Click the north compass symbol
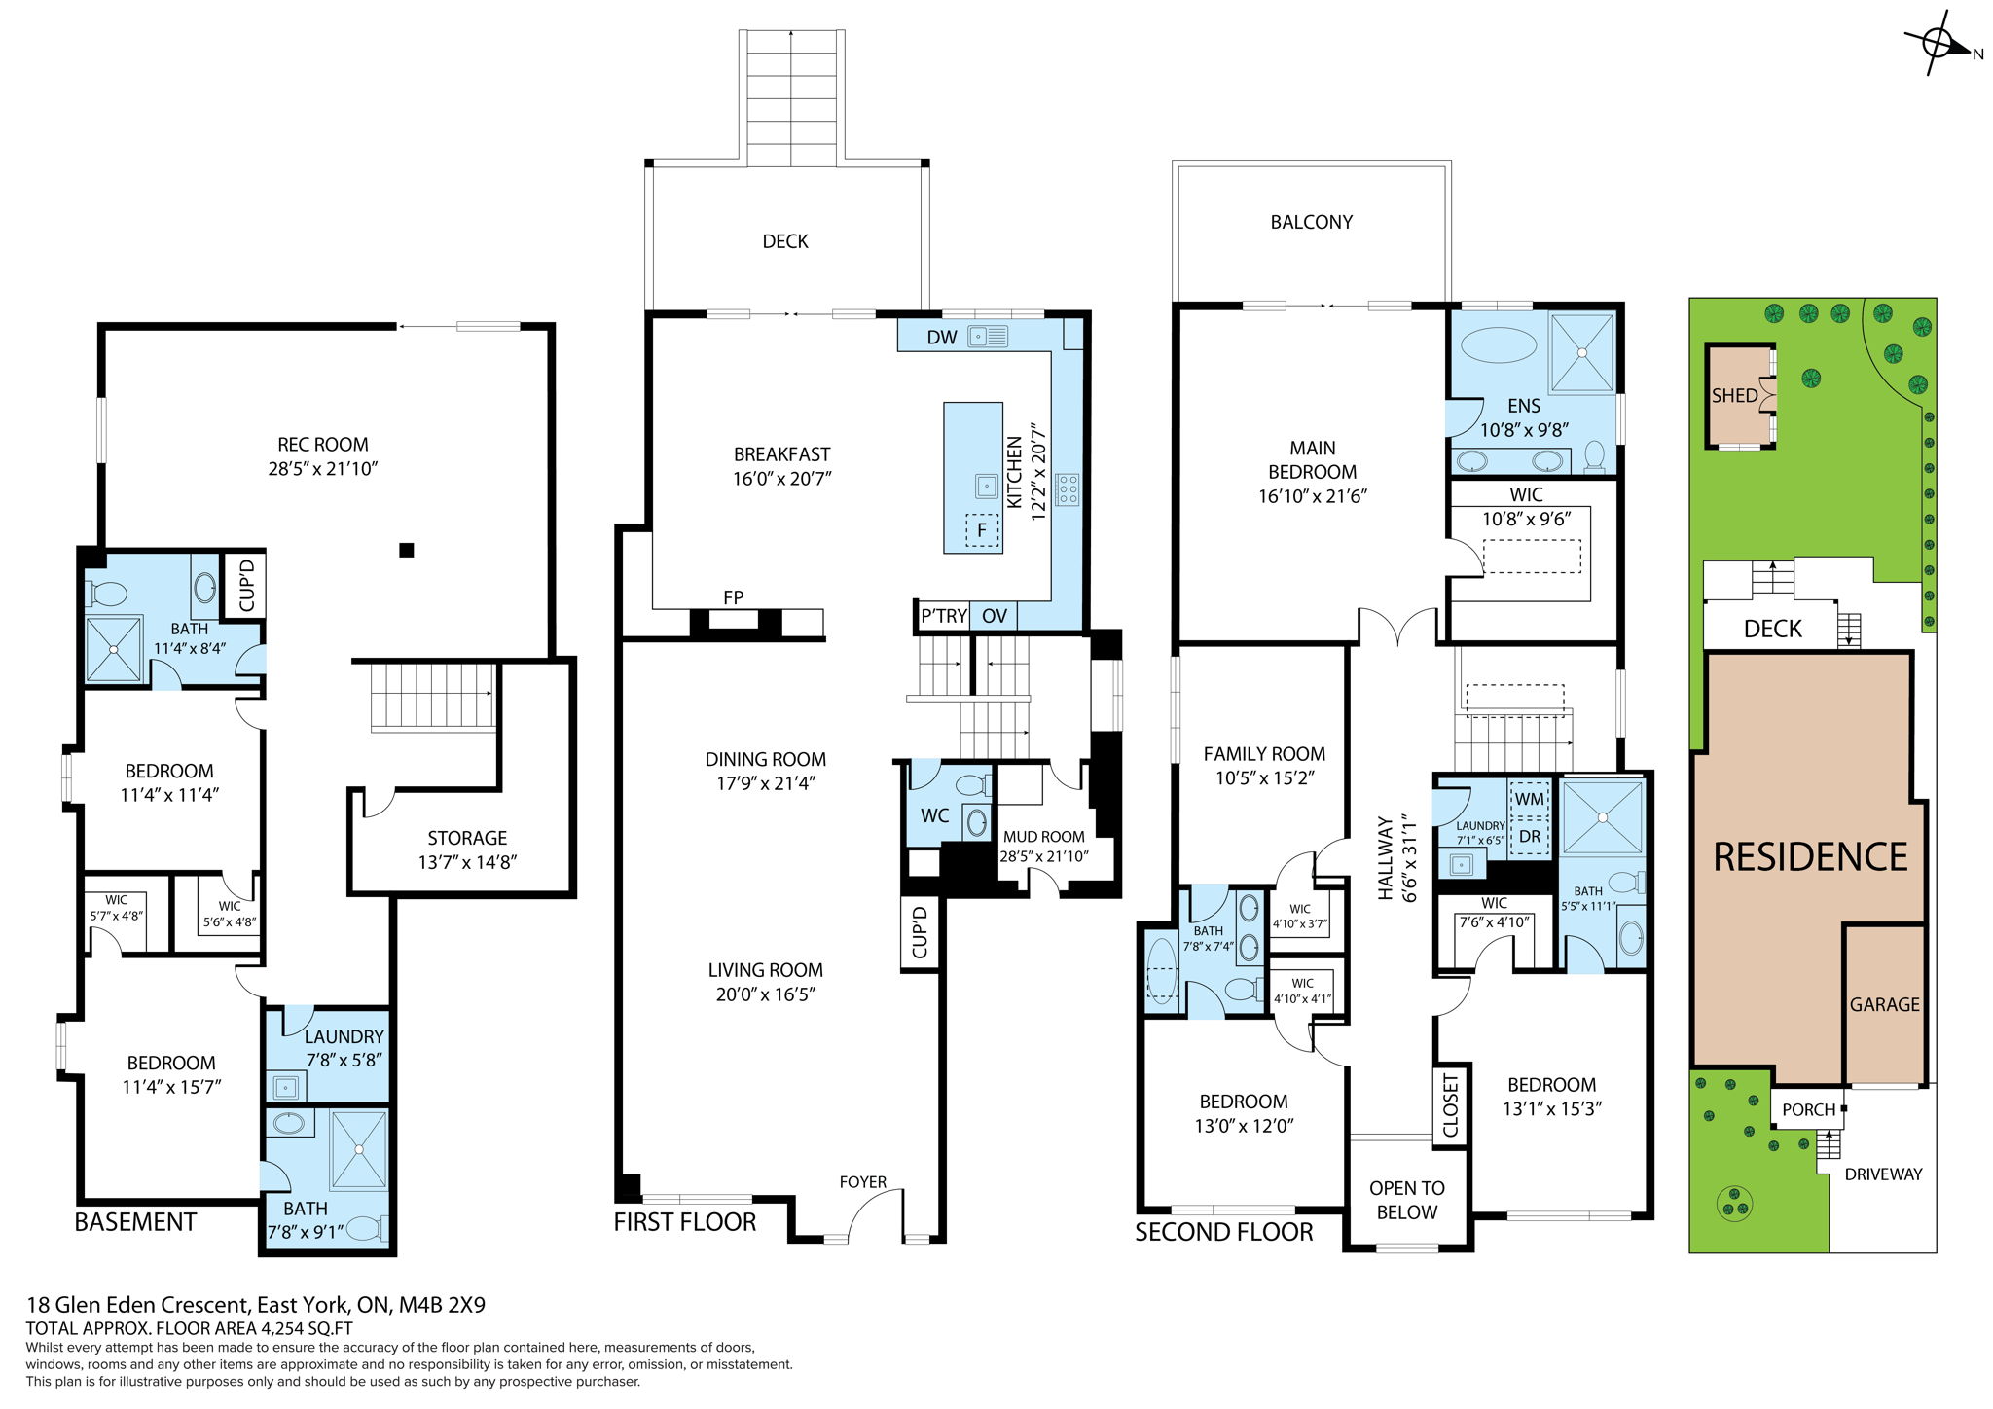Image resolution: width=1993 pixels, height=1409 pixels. click(1939, 44)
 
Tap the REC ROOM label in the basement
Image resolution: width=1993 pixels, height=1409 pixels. click(322, 445)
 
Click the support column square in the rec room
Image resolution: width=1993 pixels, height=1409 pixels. click(407, 550)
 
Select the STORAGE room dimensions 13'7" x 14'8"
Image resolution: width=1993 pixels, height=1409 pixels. click(467, 862)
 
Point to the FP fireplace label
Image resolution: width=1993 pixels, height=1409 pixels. click(734, 597)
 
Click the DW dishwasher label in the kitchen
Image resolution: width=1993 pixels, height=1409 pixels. click(941, 338)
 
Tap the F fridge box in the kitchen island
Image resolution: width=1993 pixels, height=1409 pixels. click(982, 530)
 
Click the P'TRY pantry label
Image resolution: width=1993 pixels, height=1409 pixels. click(944, 616)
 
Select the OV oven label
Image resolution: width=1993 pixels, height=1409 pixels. click(994, 616)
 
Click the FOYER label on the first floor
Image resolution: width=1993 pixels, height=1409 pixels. click(862, 1182)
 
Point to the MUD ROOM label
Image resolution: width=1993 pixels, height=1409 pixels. click(1043, 837)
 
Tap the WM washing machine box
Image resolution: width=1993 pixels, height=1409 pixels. click(1529, 799)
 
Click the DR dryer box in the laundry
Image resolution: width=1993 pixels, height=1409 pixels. click(1529, 836)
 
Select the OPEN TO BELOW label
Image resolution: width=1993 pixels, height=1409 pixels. click(1406, 1200)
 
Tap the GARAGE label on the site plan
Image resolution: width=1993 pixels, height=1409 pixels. click(1884, 1005)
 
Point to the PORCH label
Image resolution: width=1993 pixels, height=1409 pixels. click(1808, 1109)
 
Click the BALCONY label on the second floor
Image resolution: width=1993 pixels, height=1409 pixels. click(1311, 223)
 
